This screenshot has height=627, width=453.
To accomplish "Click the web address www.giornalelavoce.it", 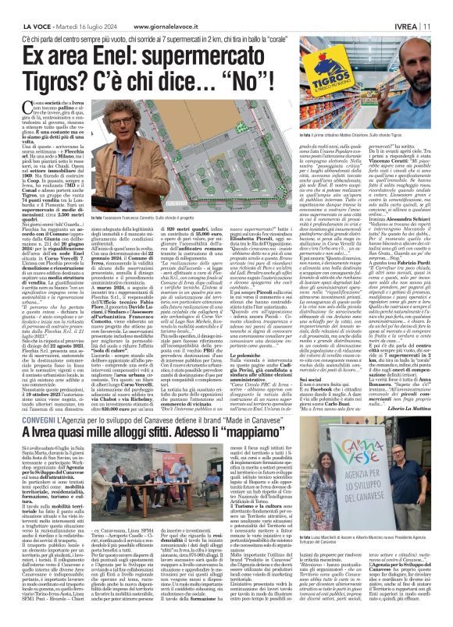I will pyautogui.click(x=141, y=8).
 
